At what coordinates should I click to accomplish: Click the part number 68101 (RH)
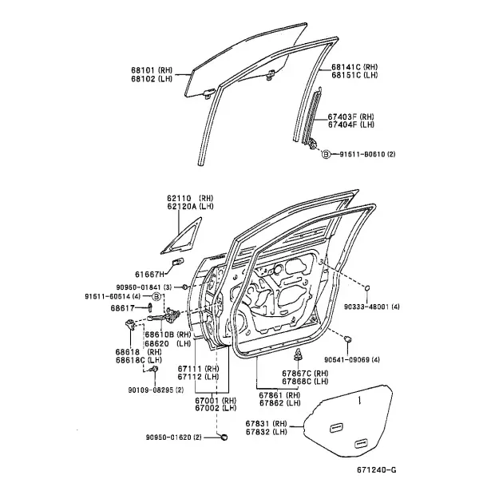click(152, 70)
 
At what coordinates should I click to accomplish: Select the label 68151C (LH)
click(354, 75)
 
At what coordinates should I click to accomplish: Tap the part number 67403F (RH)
click(350, 117)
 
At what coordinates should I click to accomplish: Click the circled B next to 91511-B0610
click(327, 154)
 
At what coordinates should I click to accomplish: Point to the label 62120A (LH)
click(190, 206)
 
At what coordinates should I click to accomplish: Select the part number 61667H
click(150, 275)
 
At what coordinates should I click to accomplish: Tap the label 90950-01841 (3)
click(144, 287)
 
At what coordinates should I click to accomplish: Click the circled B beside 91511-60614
click(156, 296)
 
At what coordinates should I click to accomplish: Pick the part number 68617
click(123, 308)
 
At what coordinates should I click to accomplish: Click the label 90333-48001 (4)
click(372, 307)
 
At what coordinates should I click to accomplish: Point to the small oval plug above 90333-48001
click(367, 287)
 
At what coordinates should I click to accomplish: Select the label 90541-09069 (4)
click(352, 359)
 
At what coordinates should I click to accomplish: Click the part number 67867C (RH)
click(305, 373)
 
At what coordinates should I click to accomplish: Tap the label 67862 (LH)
click(280, 403)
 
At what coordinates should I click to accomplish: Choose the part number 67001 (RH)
click(216, 400)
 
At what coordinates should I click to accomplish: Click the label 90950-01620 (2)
click(174, 437)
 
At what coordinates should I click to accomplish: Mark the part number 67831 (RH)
click(267, 424)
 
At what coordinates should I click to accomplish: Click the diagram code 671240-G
click(378, 469)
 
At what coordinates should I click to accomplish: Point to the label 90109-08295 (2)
click(156, 390)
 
